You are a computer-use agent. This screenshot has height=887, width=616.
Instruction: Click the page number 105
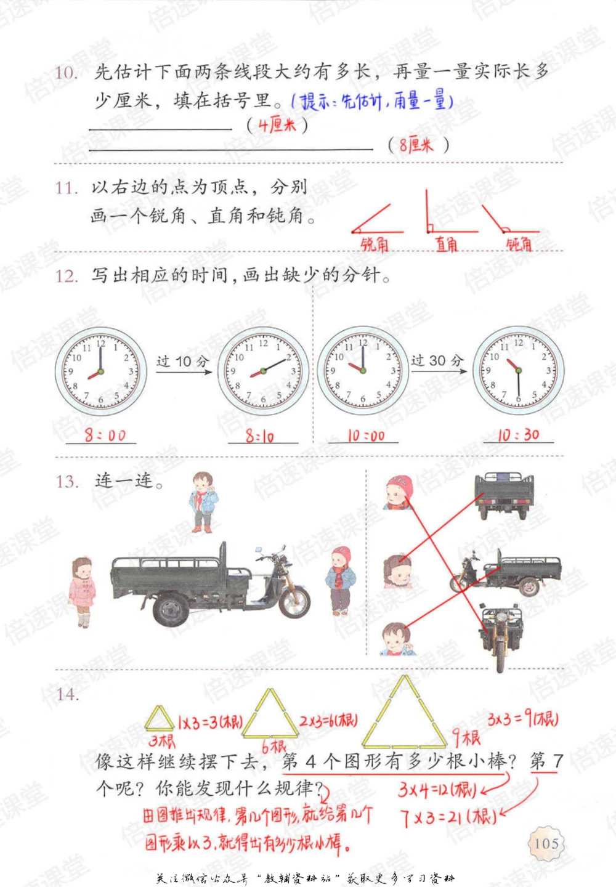pos(546,843)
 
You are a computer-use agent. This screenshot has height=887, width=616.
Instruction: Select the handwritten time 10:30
pos(518,435)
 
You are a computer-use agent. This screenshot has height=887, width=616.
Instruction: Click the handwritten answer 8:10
pos(260,437)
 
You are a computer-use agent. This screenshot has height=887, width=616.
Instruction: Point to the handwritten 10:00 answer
pos(366,436)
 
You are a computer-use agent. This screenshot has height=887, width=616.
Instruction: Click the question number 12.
pos(67,275)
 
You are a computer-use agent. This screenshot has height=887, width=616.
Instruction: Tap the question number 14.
pos(67,694)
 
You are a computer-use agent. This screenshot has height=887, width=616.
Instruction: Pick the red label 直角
pos(447,244)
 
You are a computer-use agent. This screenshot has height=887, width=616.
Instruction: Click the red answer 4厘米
pos(277,125)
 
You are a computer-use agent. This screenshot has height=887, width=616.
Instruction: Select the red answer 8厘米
pos(416,145)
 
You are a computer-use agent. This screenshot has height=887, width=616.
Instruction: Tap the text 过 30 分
pos(437,360)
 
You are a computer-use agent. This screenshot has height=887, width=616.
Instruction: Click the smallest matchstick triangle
pos(159,719)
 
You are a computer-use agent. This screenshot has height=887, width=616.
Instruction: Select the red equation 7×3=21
pos(448,817)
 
